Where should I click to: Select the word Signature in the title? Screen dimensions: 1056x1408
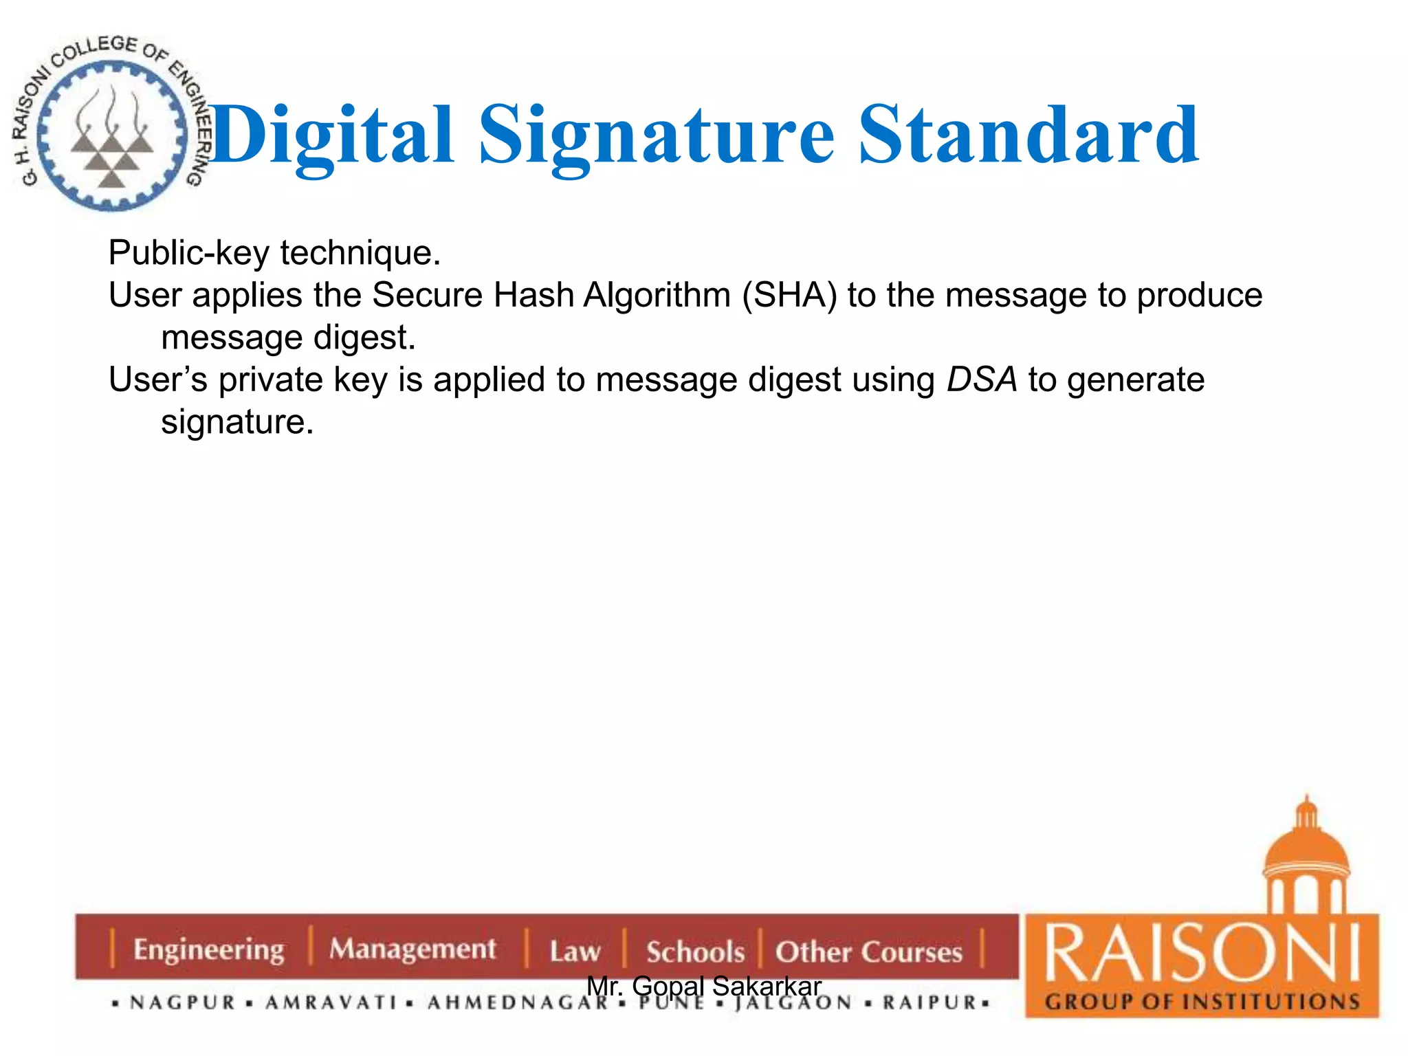(657, 136)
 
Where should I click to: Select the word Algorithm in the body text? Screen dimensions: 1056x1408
(657, 296)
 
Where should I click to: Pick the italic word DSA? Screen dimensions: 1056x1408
(981, 379)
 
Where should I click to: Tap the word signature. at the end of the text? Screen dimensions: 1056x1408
(237, 421)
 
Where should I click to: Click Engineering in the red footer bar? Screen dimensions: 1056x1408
(209, 949)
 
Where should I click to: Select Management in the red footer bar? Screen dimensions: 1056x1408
(412, 949)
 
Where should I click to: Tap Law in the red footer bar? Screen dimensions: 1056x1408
(575, 951)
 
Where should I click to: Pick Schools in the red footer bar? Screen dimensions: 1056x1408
(695, 951)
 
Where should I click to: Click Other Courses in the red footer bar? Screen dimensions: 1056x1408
(869, 951)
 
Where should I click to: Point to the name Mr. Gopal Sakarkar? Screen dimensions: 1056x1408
(704, 986)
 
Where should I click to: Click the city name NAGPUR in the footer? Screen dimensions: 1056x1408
(183, 1002)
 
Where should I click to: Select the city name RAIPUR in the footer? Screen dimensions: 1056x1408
(929, 1002)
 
